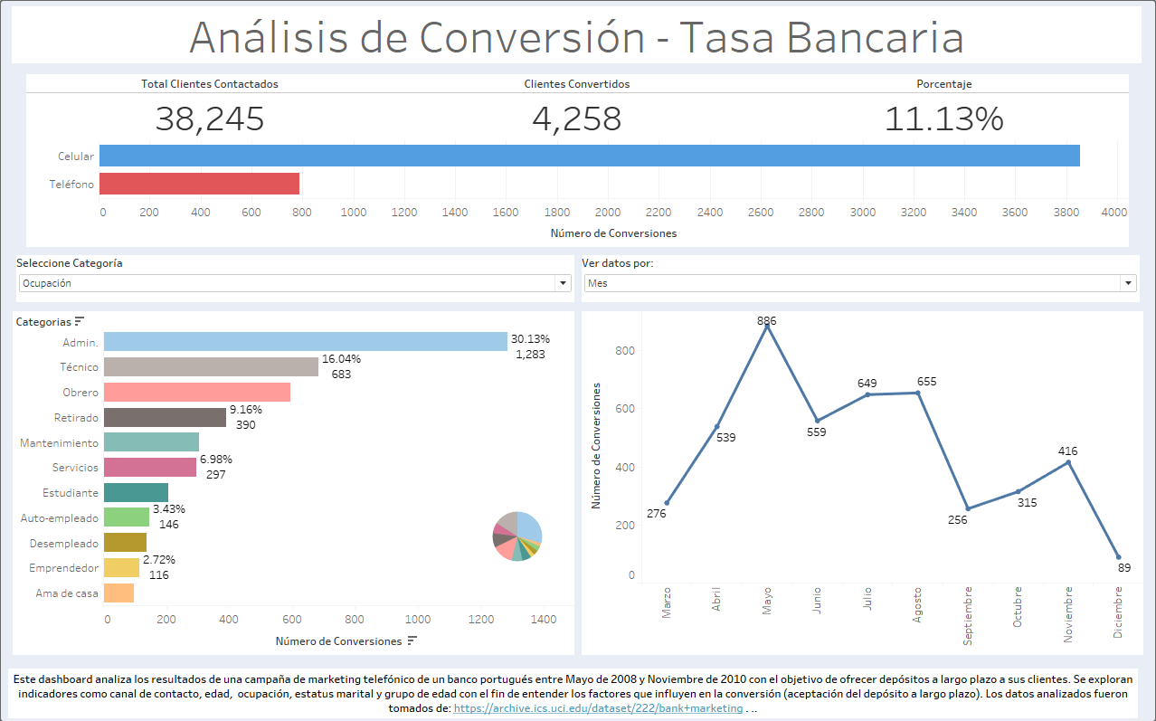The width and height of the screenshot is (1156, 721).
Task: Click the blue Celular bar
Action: [x=589, y=156]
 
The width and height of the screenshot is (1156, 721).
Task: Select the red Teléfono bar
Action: [x=199, y=184]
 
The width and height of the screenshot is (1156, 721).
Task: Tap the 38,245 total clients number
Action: [x=210, y=119]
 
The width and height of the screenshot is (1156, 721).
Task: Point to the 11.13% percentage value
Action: [x=943, y=119]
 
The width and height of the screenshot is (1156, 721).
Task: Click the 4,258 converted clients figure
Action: [x=576, y=119]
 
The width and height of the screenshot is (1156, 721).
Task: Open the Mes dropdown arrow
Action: [x=1128, y=283]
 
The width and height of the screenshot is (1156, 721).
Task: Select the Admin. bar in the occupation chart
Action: [x=305, y=341]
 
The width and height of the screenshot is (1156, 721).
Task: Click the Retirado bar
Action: [x=165, y=417]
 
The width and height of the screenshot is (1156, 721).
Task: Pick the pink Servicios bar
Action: [x=150, y=467]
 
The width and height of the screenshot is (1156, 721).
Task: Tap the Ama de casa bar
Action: [x=118, y=593]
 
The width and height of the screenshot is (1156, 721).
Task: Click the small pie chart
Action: [x=517, y=536]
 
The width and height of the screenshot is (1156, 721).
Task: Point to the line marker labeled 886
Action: [x=767, y=327]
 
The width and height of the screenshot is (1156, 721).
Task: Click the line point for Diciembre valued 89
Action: [x=1118, y=557]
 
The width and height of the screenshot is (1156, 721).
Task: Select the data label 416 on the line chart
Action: [x=1068, y=451]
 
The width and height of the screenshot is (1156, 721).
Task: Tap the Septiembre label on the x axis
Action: [x=968, y=614]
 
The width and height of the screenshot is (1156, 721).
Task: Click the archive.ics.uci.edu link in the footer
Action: [x=598, y=709]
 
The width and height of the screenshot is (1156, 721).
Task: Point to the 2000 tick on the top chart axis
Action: [x=609, y=212]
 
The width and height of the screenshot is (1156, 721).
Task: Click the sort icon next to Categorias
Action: [x=80, y=321]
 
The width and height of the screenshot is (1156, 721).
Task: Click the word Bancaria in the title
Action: [x=874, y=37]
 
